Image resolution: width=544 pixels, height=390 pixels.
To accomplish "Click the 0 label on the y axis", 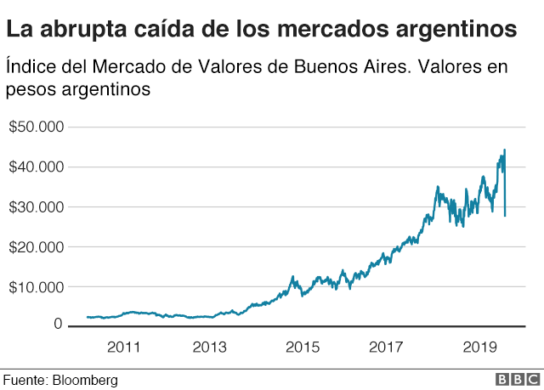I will coord(59,324).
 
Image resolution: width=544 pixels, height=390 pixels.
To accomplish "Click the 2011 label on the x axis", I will coord(123,347).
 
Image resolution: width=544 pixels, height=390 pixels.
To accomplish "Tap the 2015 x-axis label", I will coord(302,347).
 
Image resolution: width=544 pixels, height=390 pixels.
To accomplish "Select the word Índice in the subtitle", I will coord(31,66).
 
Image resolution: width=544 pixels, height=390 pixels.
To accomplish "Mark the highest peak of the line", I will coord(505,150).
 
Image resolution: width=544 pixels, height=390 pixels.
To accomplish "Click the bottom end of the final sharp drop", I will coord(506,216).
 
